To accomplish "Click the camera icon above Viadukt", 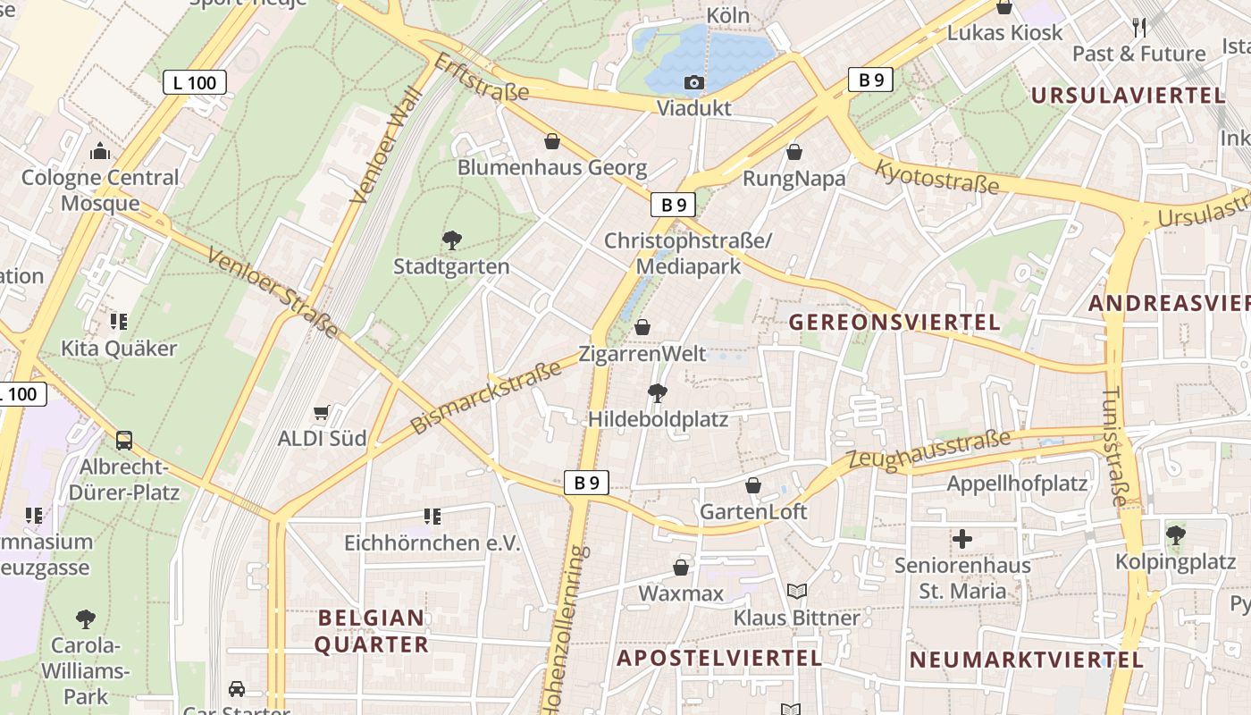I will tap(693, 83).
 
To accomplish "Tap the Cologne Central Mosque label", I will tap(100, 190).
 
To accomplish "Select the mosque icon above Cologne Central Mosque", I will tap(100, 151).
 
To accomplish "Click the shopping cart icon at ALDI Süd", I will tap(322, 412).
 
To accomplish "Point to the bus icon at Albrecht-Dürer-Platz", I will tap(124, 440).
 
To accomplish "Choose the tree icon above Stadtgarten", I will tap(451, 240).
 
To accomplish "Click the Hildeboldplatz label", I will tap(658, 419).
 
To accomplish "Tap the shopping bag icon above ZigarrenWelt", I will tap(642, 327).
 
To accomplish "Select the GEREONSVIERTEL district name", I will tap(894, 323).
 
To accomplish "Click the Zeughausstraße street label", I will tap(928, 450).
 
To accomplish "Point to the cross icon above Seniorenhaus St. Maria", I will tap(962, 539).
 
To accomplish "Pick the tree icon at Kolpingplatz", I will tap(1175, 535).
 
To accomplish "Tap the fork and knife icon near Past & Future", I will tap(1139, 28).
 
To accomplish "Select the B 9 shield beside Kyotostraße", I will tap(870, 80).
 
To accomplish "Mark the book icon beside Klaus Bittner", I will tap(796, 592).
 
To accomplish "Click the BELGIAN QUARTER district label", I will tap(371, 631).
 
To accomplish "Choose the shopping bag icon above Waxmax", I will tap(681, 568).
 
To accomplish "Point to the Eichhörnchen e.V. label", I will tap(432, 543).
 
